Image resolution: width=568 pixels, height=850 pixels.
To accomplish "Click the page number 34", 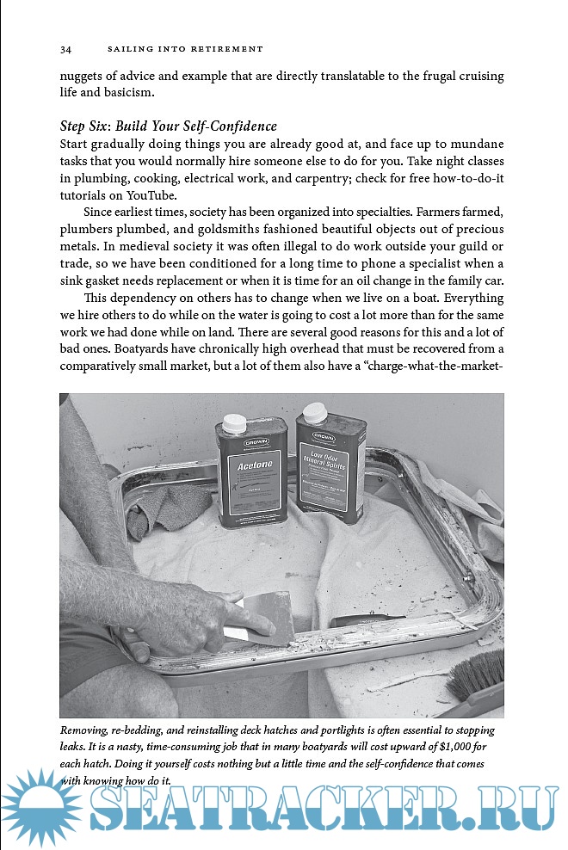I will pyautogui.click(x=65, y=48).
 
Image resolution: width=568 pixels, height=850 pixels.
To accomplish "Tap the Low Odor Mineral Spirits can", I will pyautogui.click(x=330, y=465).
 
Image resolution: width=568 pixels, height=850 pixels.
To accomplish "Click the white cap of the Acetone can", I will pyautogui.click(x=234, y=423).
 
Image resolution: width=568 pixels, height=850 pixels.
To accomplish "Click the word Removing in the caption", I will pyautogui.click(x=87, y=730).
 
